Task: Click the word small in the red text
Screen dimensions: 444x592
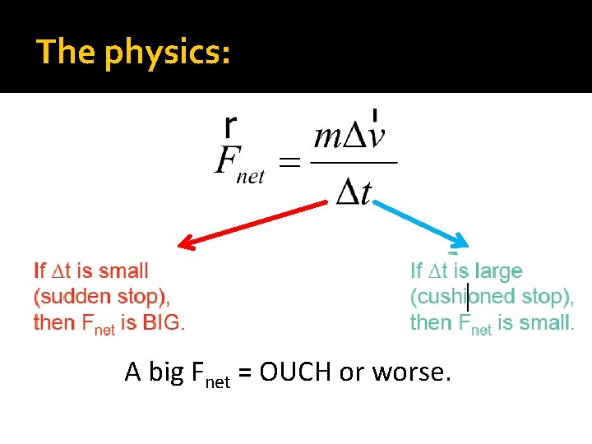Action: (x=123, y=271)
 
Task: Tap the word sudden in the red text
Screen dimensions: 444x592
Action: (x=74, y=296)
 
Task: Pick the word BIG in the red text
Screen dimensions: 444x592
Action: (x=161, y=322)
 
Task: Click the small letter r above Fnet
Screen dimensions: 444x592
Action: (x=231, y=126)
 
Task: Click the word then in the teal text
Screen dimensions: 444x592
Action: (x=431, y=322)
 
